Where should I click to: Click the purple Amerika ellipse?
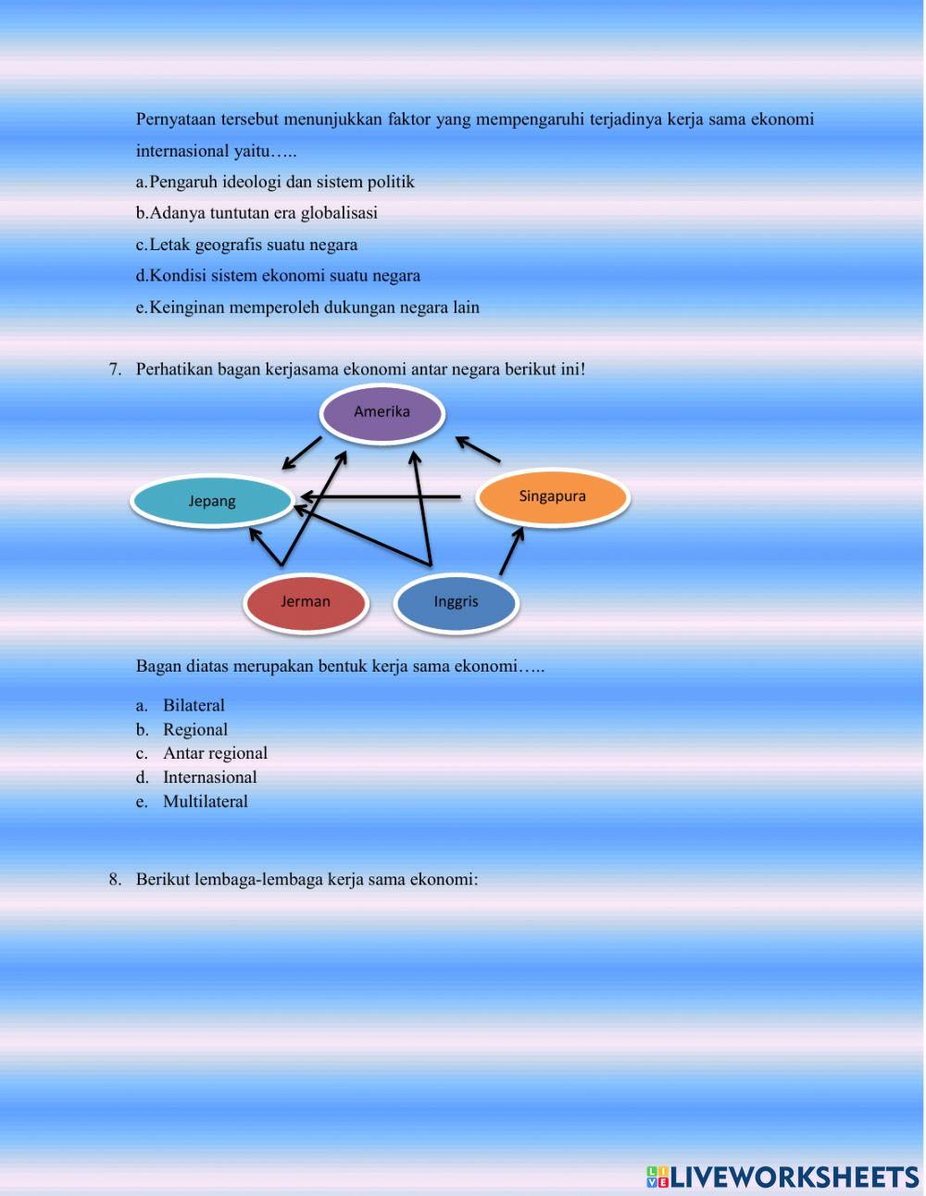[x=382, y=413]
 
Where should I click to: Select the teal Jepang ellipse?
[x=212, y=501]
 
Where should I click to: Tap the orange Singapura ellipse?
[x=553, y=497]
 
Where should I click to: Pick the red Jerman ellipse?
[x=306, y=603]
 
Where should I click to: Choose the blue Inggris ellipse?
[x=456, y=603]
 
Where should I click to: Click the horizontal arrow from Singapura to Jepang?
[x=381, y=497]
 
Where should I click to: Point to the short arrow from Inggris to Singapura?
[x=511, y=551]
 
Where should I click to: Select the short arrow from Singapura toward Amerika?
[x=478, y=448]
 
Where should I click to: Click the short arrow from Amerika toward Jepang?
[x=301, y=453]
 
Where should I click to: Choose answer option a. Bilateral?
[x=180, y=706]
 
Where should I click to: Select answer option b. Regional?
[x=181, y=730]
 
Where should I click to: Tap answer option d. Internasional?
[x=195, y=777]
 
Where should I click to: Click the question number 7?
[x=115, y=370]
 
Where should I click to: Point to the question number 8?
[x=115, y=879]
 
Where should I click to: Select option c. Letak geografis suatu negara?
[x=246, y=245]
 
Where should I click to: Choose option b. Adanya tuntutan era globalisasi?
[x=257, y=213]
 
